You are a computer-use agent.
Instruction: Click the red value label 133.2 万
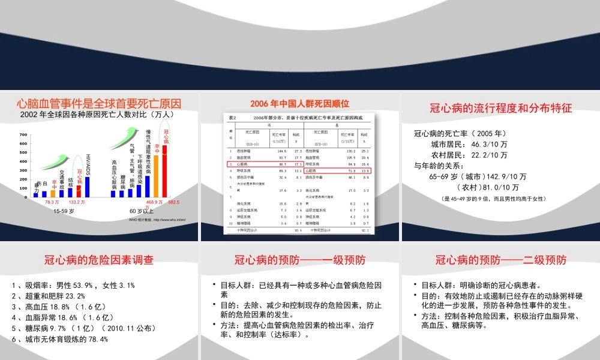click(x=77, y=202)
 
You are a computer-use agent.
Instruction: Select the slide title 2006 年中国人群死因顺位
click(x=300, y=104)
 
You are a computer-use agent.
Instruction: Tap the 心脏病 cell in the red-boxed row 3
click(x=242, y=163)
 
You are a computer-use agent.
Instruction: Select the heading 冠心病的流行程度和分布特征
click(x=501, y=109)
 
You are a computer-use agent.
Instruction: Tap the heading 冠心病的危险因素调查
click(x=99, y=260)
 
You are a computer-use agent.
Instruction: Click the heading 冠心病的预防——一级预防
click(x=300, y=260)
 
